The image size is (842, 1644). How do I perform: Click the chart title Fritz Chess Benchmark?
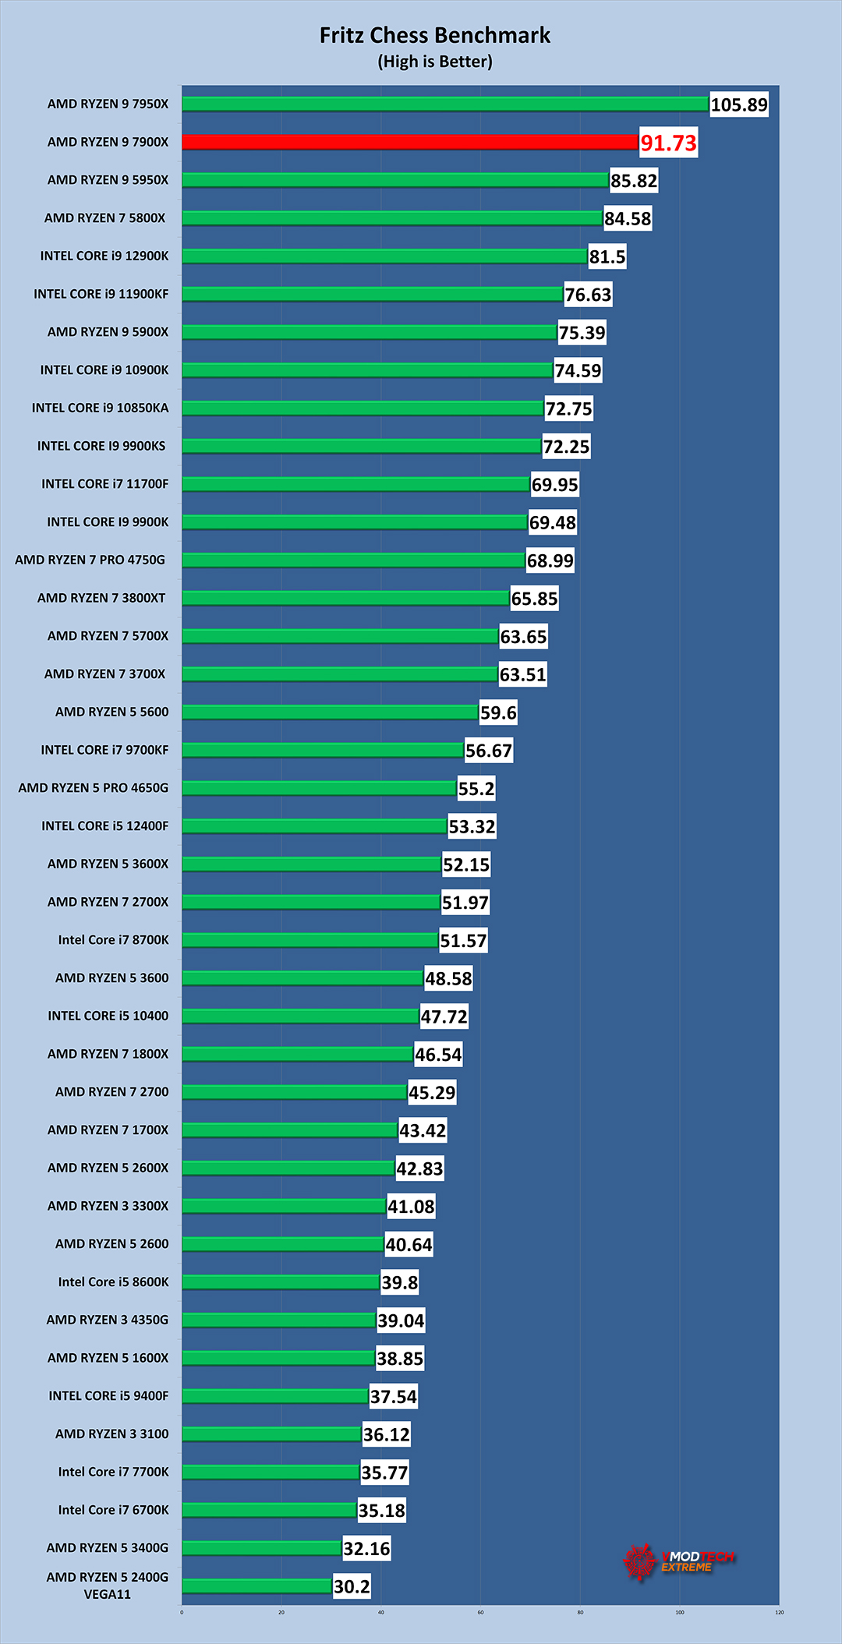[435, 36]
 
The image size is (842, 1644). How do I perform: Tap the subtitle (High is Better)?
[435, 62]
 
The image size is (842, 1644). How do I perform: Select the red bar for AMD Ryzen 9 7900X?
[410, 142]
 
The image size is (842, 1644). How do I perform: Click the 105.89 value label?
[739, 104]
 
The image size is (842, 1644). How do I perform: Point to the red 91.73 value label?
[668, 143]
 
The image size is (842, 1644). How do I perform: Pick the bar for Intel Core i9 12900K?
[384, 256]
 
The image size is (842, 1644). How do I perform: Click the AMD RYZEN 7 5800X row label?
[104, 218]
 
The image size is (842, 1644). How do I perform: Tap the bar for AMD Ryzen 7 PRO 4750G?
[353, 560]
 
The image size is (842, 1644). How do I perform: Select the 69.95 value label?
[554, 485]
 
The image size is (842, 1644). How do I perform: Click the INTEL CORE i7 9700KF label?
[104, 750]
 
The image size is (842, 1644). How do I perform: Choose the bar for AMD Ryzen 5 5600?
[330, 712]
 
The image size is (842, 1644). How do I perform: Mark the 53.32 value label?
[472, 826]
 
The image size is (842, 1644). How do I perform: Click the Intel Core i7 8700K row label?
[113, 940]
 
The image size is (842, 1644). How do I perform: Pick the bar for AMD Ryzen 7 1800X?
[297, 1054]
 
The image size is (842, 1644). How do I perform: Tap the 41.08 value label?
[411, 1207]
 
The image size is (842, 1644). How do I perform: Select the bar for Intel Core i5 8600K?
[281, 1282]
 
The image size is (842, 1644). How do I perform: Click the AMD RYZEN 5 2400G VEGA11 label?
[108, 1586]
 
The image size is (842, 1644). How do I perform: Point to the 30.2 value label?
[352, 1586]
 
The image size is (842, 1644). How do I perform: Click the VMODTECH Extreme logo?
[677, 1561]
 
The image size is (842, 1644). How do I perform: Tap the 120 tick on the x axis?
[779, 1612]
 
